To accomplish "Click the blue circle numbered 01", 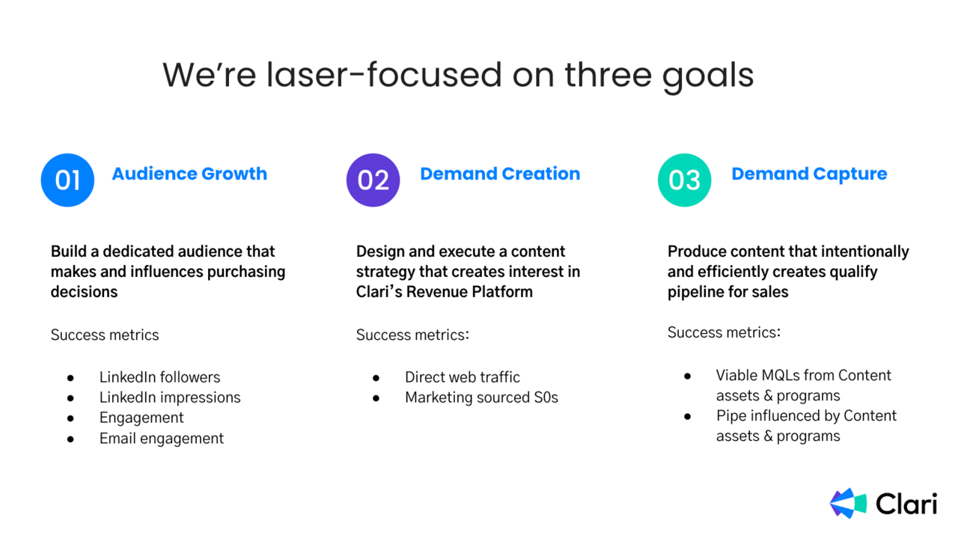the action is click(x=67, y=180).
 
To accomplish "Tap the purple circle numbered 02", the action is click(x=373, y=180).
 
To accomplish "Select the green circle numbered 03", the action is click(x=684, y=180).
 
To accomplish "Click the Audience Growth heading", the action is click(x=189, y=174).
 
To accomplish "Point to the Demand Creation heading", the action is click(x=500, y=174).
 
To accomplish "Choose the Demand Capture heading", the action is click(x=809, y=174).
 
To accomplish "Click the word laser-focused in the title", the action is click(x=384, y=75).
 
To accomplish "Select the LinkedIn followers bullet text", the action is click(x=159, y=377).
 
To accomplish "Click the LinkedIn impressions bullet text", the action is click(x=170, y=398).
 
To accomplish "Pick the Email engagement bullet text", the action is click(x=162, y=439).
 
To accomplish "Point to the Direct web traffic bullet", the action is click(x=463, y=377).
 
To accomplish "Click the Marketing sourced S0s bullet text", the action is click(x=481, y=398).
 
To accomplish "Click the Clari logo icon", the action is click(x=848, y=503).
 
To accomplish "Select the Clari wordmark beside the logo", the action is click(x=906, y=503).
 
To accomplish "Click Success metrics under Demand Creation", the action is click(x=412, y=335).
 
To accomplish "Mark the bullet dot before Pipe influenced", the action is click(x=688, y=417).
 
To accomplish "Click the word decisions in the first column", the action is click(x=84, y=292).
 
